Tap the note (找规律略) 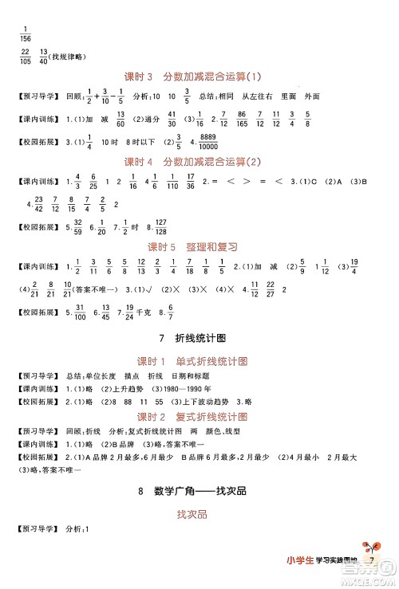click(69, 56)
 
